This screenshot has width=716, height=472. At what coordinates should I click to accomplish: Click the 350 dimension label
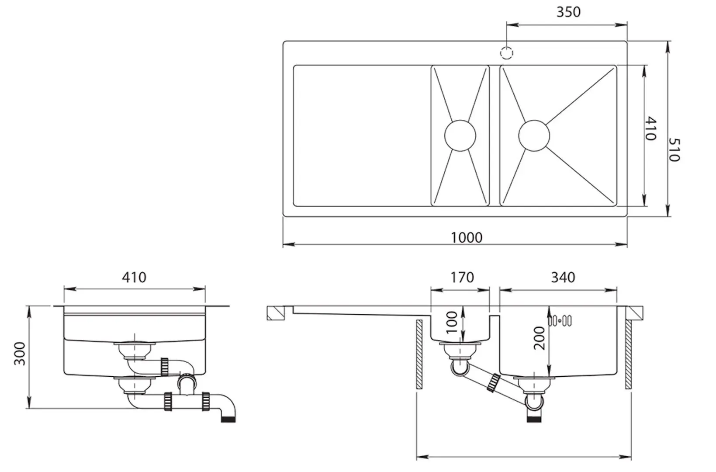click(x=568, y=12)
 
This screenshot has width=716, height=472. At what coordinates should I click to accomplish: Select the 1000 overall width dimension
click(x=467, y=237)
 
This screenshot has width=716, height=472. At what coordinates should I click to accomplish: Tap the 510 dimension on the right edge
click(x=674, y=150)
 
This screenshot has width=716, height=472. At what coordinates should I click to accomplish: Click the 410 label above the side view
click(x=134, y=277)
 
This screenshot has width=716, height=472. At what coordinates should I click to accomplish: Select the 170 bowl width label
click(x=462, y=277)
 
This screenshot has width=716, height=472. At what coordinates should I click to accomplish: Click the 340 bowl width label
click(x=563, y=277)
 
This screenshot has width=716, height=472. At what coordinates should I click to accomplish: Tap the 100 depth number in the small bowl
click(x=452, y=322)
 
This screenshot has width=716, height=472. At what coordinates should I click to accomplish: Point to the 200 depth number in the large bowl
click(x=540, y=338)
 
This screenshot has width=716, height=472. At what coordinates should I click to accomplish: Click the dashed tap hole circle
click(x=506, y=53)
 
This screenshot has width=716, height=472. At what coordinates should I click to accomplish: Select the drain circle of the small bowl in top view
click(x=460, y=135)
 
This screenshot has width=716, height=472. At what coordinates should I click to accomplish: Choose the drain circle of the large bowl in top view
click(x=534, y=135)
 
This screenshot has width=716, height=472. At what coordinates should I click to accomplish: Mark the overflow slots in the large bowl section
click(x=560, y=321)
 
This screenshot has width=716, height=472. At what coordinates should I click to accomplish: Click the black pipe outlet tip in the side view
click(x=229, y=419)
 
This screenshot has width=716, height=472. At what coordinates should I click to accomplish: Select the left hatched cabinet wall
click(x=419, y=354)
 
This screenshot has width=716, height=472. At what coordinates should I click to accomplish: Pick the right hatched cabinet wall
click(x=628, y=354)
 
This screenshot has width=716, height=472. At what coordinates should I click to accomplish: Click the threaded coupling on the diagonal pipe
click(x=495, y=382)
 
